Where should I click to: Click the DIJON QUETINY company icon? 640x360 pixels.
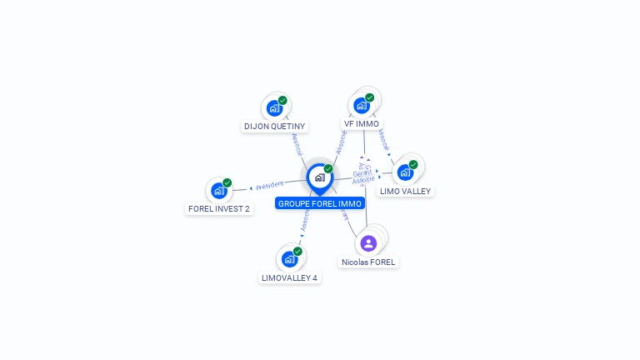point(274,107)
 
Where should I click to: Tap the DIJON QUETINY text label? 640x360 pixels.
point(274,127)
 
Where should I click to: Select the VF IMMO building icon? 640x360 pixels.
point(361,105)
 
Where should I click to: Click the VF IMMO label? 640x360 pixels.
point(362,124)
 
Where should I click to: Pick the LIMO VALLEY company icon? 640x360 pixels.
point(405,172)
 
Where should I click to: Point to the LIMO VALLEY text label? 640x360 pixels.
point(405,191)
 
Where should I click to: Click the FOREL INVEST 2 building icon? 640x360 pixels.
point(218,190)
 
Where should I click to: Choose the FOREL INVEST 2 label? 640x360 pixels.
point(219,209)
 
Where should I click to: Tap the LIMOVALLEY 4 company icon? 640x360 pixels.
point(289,258)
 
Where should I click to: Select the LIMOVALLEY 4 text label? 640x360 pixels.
point(289,277)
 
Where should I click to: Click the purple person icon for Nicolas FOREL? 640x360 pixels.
point(368,243)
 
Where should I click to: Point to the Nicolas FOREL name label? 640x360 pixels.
point(368,262)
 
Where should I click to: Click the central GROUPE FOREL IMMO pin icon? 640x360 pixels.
point(319,177)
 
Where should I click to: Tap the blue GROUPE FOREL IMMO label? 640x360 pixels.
point(320,203)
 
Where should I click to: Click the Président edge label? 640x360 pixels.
point(270,185)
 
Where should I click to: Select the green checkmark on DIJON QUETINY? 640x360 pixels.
point(282,100)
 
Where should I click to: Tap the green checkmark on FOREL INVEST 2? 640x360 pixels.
point(227,182)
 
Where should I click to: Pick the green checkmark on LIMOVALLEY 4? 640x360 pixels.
point(297,251)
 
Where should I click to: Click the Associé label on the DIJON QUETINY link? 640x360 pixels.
point(297,143)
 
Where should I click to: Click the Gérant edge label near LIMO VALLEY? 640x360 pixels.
point(362,173)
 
